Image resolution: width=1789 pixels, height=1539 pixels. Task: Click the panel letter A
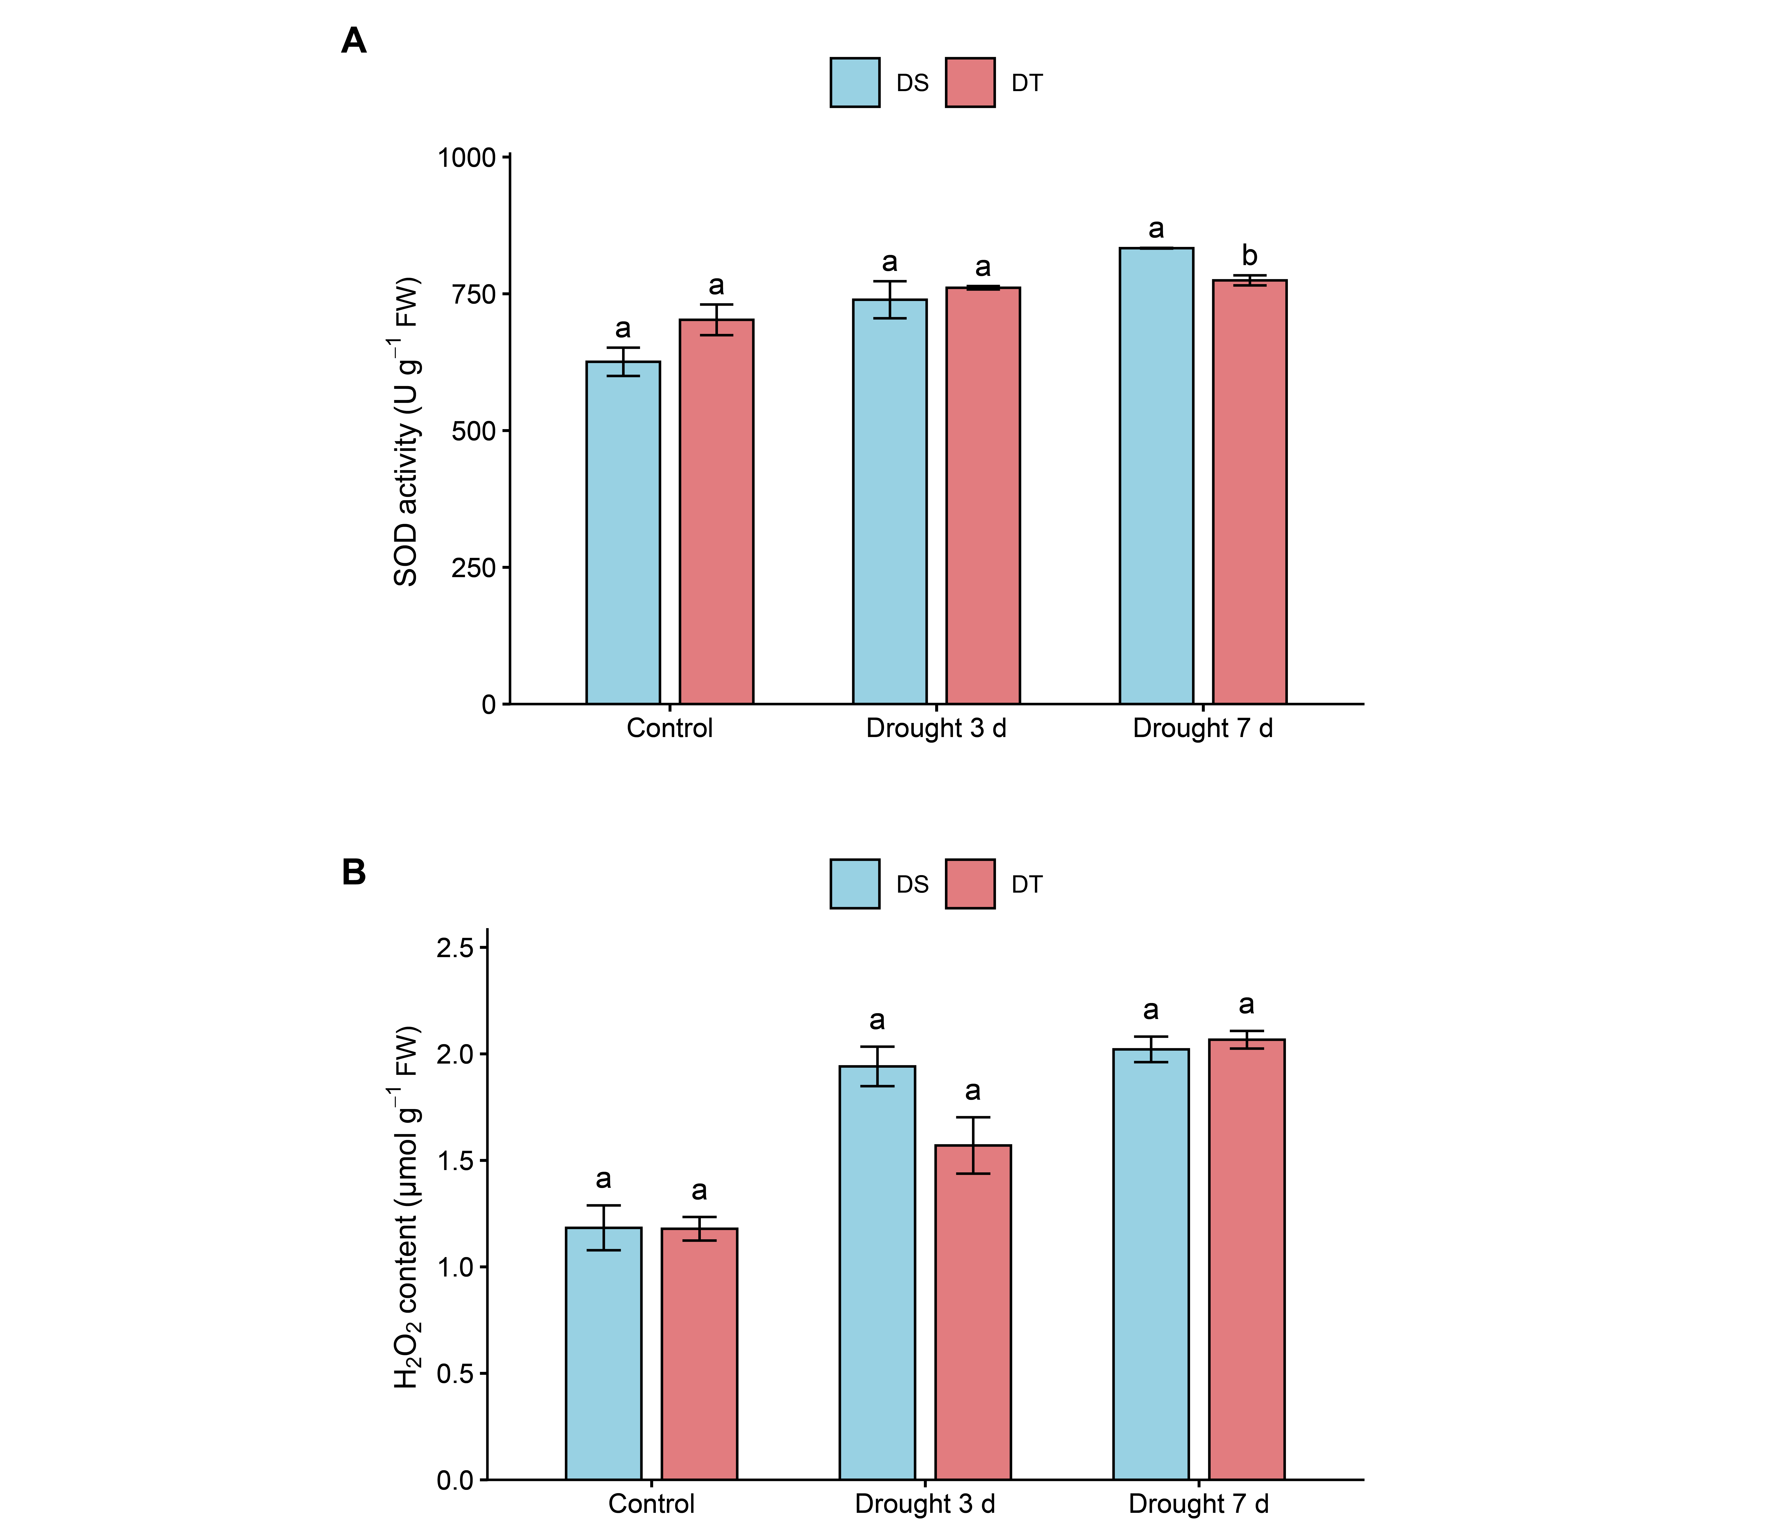(353, 41)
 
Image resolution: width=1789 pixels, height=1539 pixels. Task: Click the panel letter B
(353, 872)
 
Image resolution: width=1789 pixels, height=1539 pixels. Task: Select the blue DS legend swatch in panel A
(855, 83)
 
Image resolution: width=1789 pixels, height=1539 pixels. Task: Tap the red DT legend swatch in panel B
(970, 884)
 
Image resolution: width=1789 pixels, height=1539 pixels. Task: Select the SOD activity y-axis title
(406, 432)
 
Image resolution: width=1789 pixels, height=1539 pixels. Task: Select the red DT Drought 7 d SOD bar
(1249, 492)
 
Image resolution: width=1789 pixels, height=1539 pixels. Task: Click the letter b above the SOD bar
(1249, 256)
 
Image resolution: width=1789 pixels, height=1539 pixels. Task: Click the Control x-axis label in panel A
(669, 728)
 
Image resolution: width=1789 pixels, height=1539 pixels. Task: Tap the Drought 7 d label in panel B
(1199, 1504)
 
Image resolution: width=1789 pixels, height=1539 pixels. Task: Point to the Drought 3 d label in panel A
(936, 728)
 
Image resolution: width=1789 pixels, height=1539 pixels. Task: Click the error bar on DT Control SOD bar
(716, 320)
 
